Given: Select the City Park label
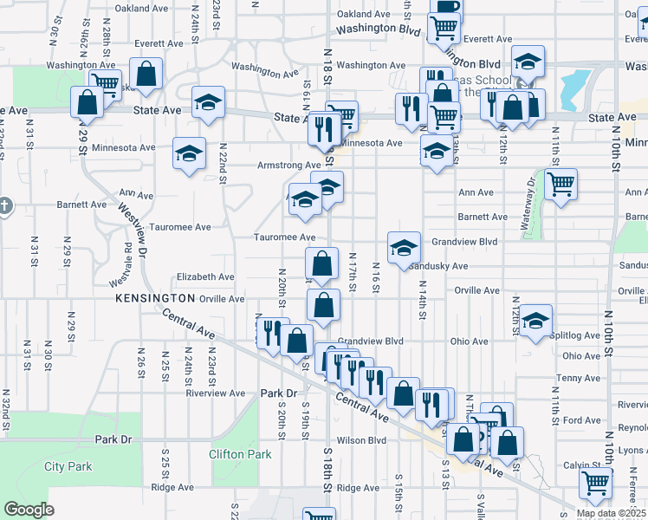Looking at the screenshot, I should [x=68, y=466].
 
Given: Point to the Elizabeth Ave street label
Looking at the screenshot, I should [x=205, y=277].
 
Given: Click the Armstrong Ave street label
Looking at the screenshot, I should [x=288, y=166].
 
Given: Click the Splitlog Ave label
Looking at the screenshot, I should [x=580, y=335].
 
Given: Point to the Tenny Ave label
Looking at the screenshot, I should [x=580, y=378].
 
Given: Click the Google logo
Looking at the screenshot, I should [x=29, y=509].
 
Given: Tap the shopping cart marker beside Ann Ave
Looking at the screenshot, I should [x=561, y=183].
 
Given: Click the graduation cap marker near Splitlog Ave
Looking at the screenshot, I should [x=536, y=320].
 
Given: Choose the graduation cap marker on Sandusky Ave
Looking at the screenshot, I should [x=404, y=247].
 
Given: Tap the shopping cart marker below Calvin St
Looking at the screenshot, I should [x=595, y=484].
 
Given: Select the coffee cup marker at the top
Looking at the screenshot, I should [x=447, y=7].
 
